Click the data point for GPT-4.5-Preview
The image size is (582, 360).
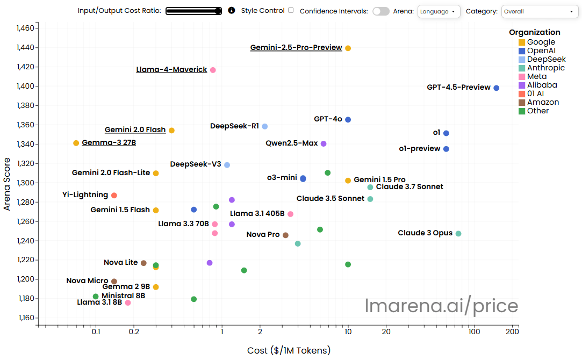click(x=497, y=88)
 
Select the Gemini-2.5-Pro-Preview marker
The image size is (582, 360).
click(x=348, y=48)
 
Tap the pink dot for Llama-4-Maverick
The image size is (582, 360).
click(x=213, y=70)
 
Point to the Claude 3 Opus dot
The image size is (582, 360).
click(x=458, y=234)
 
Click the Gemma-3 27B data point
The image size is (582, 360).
click(x=76, y=143)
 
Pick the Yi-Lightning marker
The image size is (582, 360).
click(x=114, y=196)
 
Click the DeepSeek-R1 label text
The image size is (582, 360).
click(x=234, y=126)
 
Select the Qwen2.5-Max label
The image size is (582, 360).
click(x=292, y=143)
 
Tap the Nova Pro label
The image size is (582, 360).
click(x=263, y=235)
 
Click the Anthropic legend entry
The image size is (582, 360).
click(x=545, y=68)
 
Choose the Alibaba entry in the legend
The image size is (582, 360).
click(x=542, y=85)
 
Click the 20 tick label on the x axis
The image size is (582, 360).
click(x=386, y=332)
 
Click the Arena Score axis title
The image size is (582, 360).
click(x=7, y=183)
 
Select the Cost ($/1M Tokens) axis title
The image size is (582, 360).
click(x=289, y=350)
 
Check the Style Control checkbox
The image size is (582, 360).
click(x=291, y=10)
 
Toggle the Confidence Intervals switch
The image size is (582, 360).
click(x=381, y=11)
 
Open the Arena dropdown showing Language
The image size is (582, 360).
click(x=439, y=11)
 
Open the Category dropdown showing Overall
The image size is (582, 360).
click(x=540, y=11)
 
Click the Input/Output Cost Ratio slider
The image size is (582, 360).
click(x=194, y=11)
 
